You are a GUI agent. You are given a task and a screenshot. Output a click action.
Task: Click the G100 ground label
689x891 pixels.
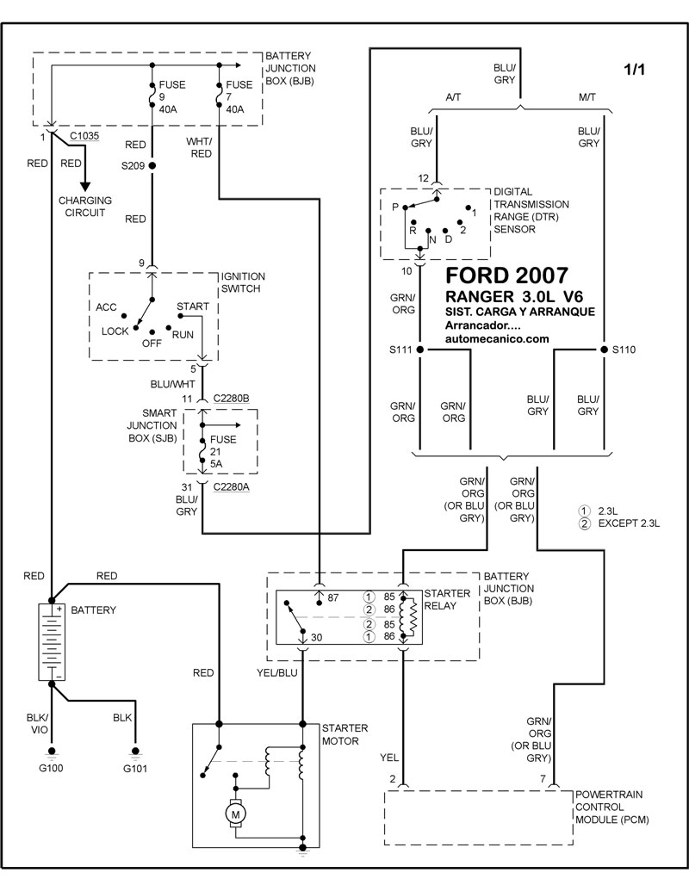[x=52, y=767]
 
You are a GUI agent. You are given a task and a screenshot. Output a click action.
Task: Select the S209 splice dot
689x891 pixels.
[x=152, y=164]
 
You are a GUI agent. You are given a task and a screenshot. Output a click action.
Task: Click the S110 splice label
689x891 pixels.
[x=625, y=350]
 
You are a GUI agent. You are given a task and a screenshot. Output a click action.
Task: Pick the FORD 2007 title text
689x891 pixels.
[x=506, y=276]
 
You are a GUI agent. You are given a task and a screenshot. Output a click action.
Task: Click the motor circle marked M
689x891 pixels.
[x=234, y=812]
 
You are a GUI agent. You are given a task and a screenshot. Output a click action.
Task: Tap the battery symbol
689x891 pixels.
[x=52, y=642]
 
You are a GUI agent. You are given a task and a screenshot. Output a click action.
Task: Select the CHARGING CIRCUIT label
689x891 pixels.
[x=85, y=206]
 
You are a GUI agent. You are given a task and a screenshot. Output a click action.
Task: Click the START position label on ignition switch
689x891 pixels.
[x=192, y=306]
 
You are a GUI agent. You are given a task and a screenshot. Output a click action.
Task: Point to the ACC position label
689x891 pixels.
[x=107, y=306]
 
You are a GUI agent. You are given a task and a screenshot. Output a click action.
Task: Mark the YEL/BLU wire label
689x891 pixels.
[x=278, y=672]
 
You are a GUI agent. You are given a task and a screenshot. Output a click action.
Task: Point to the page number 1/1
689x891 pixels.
[x=633, y=70]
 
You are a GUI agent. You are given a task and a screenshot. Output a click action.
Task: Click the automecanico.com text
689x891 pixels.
[x=497, y=339]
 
